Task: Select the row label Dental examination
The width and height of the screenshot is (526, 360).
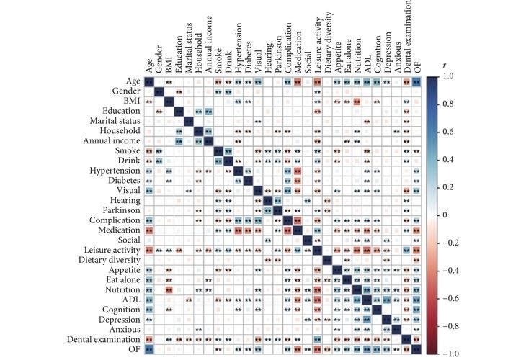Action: tap(105, 338)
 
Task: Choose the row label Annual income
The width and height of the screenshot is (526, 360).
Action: tap(115, 140)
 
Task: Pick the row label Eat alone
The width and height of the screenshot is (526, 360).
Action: tap(125, 279)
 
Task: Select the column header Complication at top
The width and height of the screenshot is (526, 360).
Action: tap(288, 57)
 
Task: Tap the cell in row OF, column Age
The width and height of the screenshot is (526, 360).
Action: tap(149, 348)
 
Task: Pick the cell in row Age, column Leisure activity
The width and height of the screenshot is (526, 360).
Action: tap(317, 81)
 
